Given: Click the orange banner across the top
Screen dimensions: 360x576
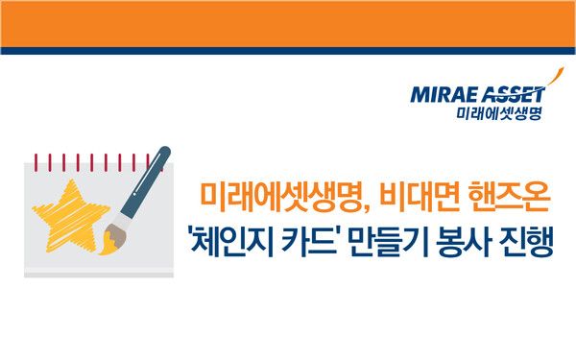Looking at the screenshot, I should click(288, 21).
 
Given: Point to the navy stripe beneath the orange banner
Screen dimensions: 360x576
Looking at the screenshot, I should click(288, 49).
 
